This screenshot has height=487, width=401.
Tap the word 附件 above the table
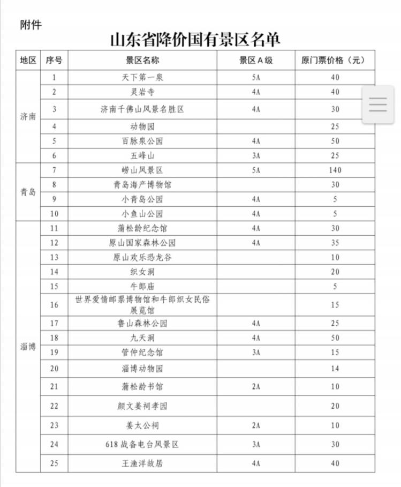[x=31, y=25]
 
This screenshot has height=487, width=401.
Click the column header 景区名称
[x=142, y=60]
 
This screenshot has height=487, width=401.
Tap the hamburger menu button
[x=377, y=104]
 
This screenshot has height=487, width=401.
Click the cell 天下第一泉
[x=142, y=77]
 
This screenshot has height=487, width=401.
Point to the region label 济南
[x=28, y=116]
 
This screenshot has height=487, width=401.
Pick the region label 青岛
[x=28, y=192]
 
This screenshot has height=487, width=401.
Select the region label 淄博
[x=28, y=346]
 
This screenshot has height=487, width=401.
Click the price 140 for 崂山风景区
[x=335, y=170]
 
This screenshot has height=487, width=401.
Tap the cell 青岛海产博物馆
[x=142, y=185]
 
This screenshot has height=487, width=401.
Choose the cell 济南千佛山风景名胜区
[x=142, y=109]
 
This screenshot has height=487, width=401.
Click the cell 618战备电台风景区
[x=142, y=445]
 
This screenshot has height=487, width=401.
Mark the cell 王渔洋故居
[x=142, y=463]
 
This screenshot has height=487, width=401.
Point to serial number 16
[x=54, y=305]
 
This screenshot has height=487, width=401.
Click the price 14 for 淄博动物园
[x=335, y=369]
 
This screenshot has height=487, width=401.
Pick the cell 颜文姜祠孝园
[x=142, y=406]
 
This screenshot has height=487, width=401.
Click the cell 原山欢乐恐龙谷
[x=142, y=257]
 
